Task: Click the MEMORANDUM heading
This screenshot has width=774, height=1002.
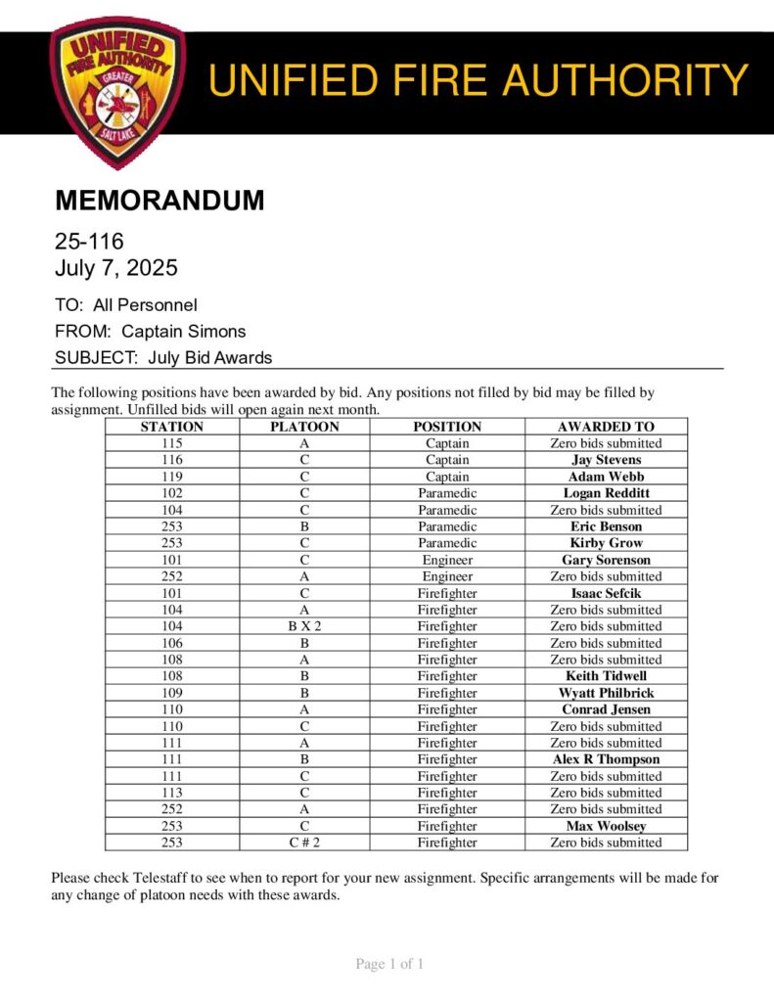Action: (159, 201)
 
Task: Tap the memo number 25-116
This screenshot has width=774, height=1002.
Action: (89, 241)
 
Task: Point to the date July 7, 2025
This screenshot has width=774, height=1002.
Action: (116, 267)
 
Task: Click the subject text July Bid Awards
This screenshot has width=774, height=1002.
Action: (209, 357)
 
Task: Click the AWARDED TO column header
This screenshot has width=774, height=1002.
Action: (606, 427)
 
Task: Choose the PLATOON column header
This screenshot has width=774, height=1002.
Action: (304, 427)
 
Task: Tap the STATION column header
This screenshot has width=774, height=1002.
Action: (171, 427)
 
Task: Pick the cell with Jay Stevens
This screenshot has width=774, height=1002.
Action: (606, 460)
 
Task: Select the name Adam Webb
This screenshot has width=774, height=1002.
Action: (606, 477)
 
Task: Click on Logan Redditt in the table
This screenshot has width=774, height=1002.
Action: (606, 493)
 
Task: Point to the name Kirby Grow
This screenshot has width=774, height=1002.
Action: (606, 543)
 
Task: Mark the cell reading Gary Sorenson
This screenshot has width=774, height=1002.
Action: (606, 560)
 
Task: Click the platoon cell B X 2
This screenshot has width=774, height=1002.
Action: (304, 626)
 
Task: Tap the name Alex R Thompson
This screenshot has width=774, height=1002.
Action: (606, 759)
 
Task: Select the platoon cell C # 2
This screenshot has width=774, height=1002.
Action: (304, 843)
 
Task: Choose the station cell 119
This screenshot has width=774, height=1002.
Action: (171, 477)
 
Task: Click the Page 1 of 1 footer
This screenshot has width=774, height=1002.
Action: (388, 965)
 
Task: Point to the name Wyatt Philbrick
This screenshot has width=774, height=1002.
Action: (606, 693)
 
